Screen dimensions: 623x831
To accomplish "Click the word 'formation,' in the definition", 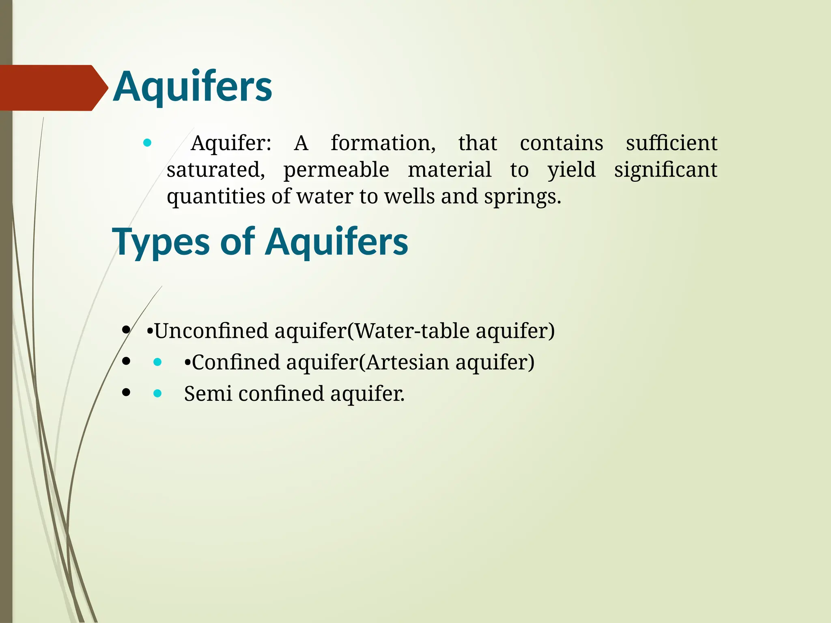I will point(383,144).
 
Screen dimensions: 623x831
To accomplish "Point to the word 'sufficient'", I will point(672,144).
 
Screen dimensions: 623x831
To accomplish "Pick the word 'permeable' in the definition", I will point(336,170).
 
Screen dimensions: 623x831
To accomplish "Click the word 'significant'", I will point(665,170).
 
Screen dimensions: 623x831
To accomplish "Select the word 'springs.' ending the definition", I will point(523,197).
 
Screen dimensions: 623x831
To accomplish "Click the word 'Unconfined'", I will point(211,331).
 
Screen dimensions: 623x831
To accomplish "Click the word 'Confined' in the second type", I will point(236,362).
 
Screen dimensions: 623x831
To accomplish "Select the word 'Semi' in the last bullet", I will point(208,393).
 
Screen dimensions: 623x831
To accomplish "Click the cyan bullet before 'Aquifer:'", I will point(147,143).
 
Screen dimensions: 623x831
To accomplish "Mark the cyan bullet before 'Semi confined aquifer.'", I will point(157,393).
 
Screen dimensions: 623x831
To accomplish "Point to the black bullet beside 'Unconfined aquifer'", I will point(126,329).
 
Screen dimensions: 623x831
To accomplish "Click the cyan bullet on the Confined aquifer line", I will point(157,362).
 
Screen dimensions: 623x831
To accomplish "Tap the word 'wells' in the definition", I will point(410,197).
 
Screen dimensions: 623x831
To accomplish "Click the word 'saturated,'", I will point(215,170).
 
